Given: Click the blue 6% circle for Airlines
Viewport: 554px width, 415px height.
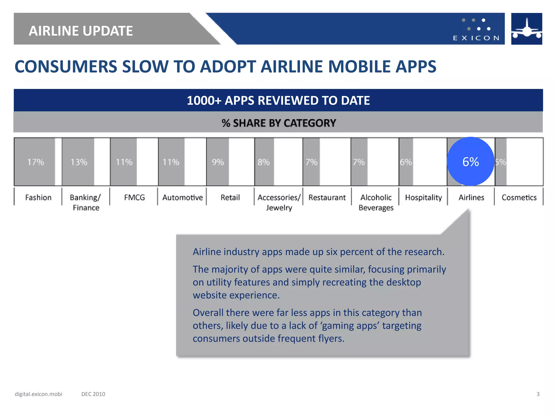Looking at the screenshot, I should tap(470, 162).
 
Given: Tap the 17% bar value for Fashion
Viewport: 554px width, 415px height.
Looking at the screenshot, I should tap(35, 162).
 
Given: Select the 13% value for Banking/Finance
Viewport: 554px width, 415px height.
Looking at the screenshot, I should tap(79, 162).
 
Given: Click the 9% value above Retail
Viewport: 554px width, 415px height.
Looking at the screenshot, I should tap(218, 162).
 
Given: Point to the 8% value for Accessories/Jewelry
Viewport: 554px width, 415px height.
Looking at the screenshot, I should tap(264, 162).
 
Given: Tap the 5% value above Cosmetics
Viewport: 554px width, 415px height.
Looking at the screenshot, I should tap(500, 162).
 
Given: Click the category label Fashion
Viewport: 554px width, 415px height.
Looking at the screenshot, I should tap(38, 198).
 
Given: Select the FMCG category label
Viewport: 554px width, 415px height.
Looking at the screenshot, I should tap(134, 198).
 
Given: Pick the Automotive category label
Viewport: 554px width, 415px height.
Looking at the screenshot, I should tap(183, 198).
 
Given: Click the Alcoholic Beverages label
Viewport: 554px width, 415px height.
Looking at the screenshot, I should tap(376, 202).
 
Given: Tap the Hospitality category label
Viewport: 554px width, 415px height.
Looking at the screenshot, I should tap(423, 198).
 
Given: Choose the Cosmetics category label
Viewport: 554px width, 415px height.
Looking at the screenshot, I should tap(519, 198).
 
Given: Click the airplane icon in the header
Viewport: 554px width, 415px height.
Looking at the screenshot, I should tap(526, 29).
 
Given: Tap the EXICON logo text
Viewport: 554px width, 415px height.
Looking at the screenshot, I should tap(476, 38).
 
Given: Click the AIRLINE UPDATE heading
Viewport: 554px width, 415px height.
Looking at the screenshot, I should tap(81, 31).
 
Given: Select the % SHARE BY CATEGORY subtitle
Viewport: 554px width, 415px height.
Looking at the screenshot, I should tap(279, 123).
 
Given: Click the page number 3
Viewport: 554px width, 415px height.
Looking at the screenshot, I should tap(538, 394).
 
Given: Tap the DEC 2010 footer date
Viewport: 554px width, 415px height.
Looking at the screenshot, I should tap(93, 394).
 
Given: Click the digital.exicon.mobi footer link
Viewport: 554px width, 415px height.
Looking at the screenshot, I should tap(38, 394).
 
